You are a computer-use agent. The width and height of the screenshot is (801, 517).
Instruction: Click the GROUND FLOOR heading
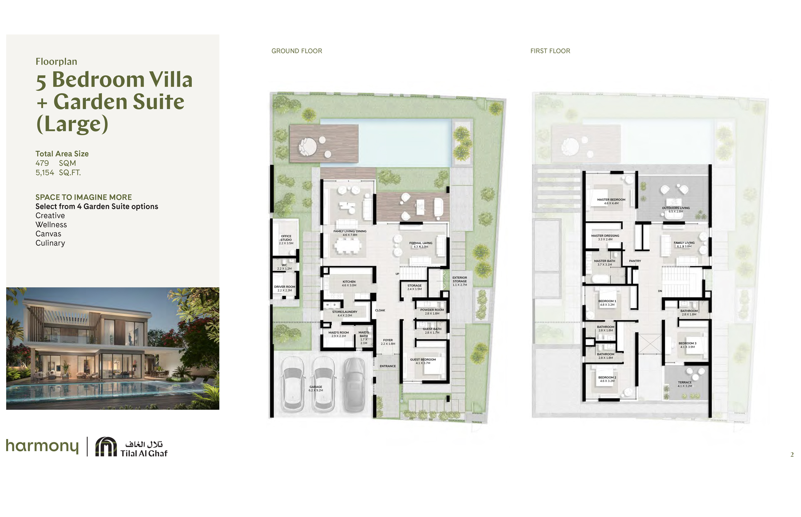tap(296, 51)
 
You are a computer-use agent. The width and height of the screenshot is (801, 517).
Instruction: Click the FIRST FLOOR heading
tap(550, 51)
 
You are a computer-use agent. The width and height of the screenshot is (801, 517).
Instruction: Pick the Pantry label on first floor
tap(635, 261)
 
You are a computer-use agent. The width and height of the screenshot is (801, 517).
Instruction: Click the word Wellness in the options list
tap(51, 225)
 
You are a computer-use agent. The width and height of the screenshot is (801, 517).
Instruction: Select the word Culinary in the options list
tap(50, 243)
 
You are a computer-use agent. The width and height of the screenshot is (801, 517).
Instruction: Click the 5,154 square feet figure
tap(45, 173)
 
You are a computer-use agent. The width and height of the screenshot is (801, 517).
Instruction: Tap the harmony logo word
tap(42, 446)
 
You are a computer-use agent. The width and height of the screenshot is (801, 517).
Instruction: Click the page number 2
tap(792, 455)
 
